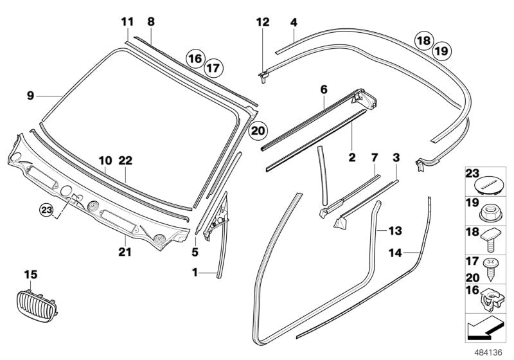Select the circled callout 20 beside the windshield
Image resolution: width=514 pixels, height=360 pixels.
(258, 130)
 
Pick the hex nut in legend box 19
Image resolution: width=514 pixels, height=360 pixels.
(488, 209)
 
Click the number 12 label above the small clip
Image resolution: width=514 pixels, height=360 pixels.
(263, 23)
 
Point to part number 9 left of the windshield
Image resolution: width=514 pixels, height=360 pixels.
(30, 96)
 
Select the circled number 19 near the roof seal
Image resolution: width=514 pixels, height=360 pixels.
(441, 50)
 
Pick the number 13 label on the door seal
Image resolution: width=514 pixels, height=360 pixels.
(394, 229)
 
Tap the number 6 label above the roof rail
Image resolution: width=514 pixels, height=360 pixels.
(324, 90)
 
